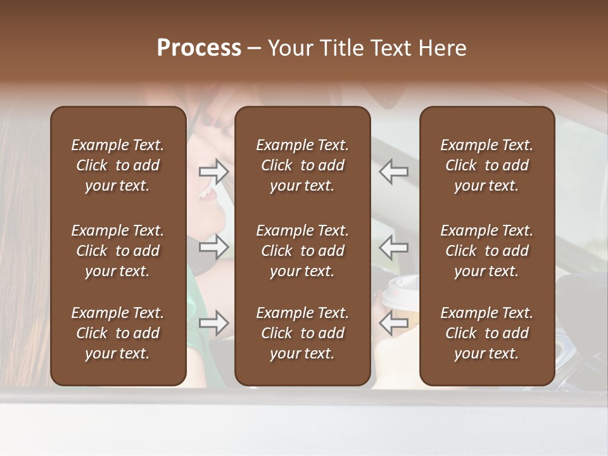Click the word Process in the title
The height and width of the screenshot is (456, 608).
[x=199, y=48]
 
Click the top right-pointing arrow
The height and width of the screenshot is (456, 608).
[x=213, y=172]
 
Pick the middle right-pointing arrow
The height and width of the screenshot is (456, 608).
[x=213, y=247]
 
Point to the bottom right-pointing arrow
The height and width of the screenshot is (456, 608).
[x=213, y=323]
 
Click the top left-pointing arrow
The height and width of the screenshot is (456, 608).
[x=394, y=172]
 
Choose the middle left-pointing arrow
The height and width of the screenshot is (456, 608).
[x=394, y=247]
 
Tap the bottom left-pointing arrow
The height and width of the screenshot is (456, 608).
[x=394, y=323]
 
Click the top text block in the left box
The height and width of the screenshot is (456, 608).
[x=118, y=165]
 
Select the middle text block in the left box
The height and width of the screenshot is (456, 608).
[x=118, y=251]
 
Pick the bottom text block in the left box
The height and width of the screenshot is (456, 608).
[x=118, y=333]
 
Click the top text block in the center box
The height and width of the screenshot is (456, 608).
[x=302, y=165]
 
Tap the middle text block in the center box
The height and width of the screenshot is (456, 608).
[x=302, y=251]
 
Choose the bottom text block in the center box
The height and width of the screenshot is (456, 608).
[x=302, y=333]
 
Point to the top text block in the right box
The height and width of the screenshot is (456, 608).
[x=486, y=165]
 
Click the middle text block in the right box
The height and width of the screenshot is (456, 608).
[x=486, y=251]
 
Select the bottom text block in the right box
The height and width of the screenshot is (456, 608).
[x=486, y=333]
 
